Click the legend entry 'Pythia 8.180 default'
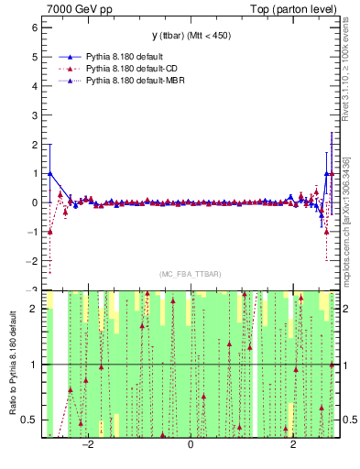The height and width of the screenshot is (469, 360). (x=128, y=57)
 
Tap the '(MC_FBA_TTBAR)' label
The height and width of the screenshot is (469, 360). (x=190, y=275)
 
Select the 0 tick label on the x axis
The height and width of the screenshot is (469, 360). (x=191, y=444)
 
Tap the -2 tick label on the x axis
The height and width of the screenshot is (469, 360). (x=88, y=444)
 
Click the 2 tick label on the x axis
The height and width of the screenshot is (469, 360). (x=293, y=444)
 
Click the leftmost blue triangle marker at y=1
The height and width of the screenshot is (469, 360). (x=49, y=173)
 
